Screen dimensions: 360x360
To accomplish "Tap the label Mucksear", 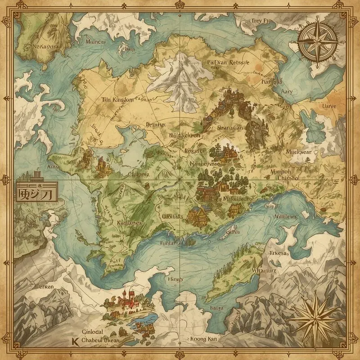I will coord(298,152).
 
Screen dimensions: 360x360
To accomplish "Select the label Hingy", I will coord(175,279).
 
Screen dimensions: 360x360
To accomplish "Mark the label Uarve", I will coord(329,107).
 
